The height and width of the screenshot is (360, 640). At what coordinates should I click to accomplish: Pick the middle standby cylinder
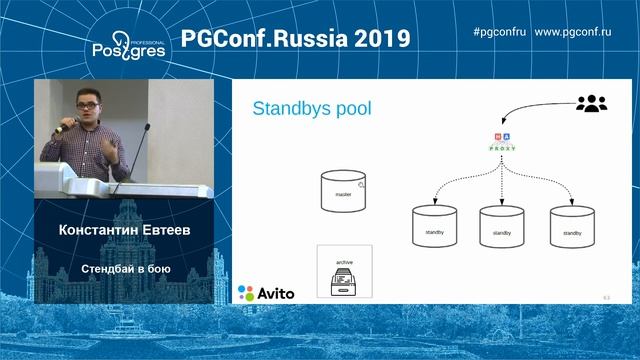502,228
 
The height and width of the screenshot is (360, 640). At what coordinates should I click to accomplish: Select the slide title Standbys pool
311,108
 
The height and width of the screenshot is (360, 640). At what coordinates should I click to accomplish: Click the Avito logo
266,293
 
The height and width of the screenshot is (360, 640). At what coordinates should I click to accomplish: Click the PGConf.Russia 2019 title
295,39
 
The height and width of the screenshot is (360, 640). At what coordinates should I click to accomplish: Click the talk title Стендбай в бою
124,268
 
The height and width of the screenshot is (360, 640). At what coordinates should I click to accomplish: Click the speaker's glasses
88,102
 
